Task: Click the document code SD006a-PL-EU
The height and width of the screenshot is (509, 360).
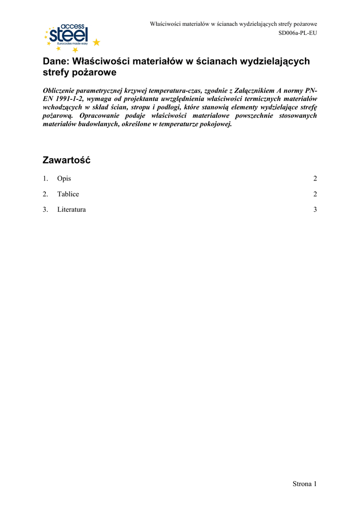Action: [x=297, y=33]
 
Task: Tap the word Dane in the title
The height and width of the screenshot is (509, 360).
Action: [x=55, y=61]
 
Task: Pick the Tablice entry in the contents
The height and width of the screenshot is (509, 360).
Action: [x=68, y=194]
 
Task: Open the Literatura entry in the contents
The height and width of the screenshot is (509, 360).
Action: [x=71, y=210]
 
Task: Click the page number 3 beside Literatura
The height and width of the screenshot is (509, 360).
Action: [x=315, y=210]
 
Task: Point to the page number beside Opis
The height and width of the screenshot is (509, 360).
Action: [x=315, y=179]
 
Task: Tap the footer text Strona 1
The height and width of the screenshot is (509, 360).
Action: [x=304, y=484]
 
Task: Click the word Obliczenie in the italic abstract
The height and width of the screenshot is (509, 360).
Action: [x=61, y=91]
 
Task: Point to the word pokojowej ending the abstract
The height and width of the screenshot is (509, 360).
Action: [x=216, y=123]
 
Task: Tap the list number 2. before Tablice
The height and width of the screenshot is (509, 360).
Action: [x=45, y=194]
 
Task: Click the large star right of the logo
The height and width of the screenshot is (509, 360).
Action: [x=96, y=42]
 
